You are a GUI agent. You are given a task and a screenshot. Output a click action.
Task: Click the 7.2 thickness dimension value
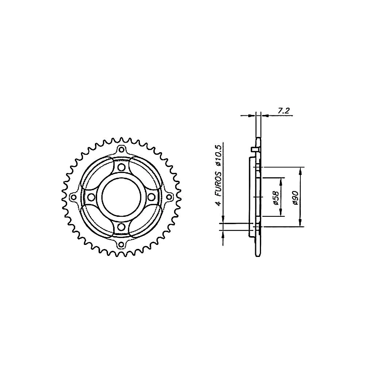click(283, 111)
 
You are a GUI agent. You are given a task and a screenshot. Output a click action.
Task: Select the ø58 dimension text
click(276, 198)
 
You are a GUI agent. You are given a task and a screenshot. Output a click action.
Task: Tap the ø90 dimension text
click(295, 198)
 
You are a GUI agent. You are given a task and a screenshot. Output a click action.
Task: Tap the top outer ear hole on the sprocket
click(121, 149)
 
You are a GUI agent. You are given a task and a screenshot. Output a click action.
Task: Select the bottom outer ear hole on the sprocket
click(121, 245)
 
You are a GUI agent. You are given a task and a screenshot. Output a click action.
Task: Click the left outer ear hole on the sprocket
click(73, 197)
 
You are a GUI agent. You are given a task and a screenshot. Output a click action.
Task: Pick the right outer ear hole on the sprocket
click(169, 197)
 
